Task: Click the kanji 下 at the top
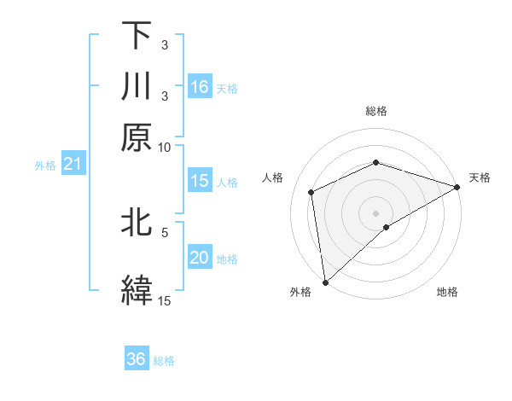[136, 36]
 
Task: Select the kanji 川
[136, 86]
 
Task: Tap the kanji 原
[136, 137]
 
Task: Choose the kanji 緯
[136, 288]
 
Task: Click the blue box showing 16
[200, 87]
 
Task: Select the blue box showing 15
[200, 181]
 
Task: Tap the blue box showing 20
[200, 259]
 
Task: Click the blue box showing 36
[137, 359]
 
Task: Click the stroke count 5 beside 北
[165, 230]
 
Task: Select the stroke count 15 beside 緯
[164, 300]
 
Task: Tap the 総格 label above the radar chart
[376, 111]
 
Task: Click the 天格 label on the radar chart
[480, 177]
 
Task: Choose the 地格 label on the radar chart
[447, 292]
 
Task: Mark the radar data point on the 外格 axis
[325, 282]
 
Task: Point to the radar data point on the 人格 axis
[311, 192]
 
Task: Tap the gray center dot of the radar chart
[376, 212]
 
